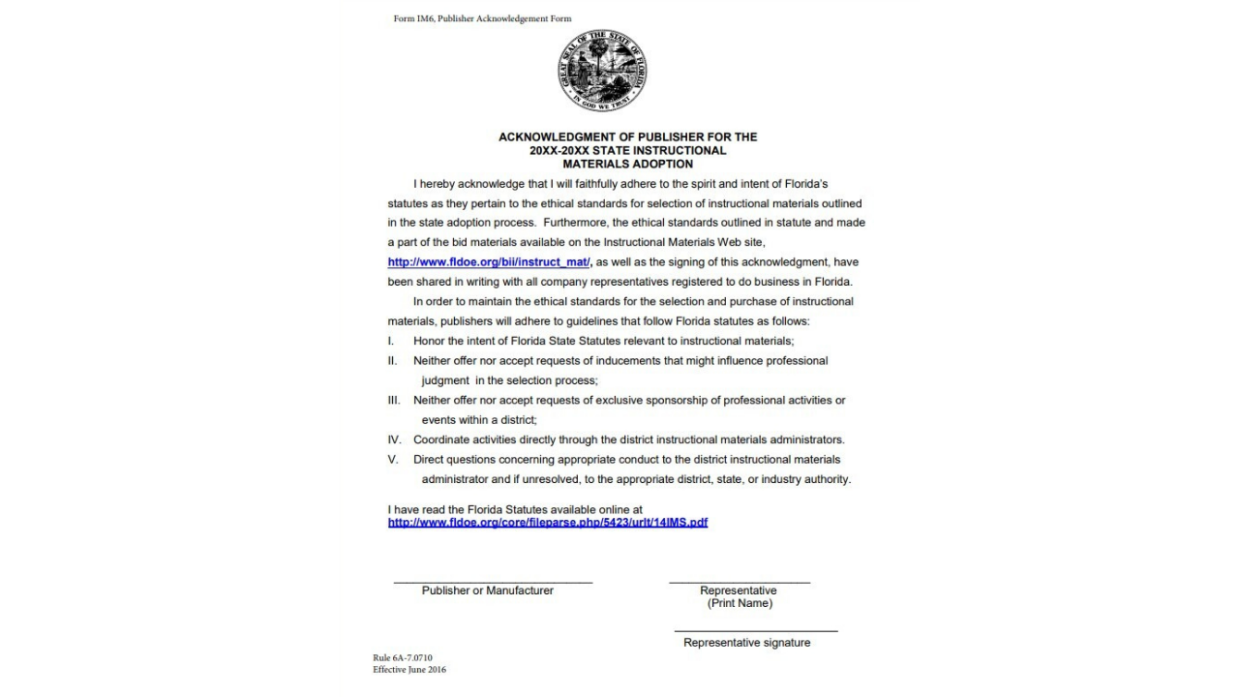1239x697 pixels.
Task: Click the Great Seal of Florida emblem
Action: [x=602, y=71]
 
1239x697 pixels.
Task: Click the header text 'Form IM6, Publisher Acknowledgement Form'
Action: [x=482, y=18]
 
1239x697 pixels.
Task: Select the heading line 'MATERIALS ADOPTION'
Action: [x=627, y=165]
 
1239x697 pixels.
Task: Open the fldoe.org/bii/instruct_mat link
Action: [x=489, y=262]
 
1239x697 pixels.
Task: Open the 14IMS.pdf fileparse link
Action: [x=547, y=523]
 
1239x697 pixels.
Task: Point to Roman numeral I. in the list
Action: [x=391, y=341]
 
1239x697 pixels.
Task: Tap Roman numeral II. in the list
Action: [x=392, y=361]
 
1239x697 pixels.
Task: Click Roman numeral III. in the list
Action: [x=394, y=400]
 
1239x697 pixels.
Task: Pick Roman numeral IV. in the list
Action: [x=394, y=439]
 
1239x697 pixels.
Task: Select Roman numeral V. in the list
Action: [x=392, y=460]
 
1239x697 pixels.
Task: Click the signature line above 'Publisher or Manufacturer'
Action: [x=493, y=583]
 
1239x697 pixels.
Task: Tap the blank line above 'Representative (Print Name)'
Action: [x=740, y=583]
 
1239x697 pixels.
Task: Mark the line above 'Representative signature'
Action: [x=756, y=632]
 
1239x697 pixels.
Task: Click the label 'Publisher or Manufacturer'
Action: [x=488, y=591]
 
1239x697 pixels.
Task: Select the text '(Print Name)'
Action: [x=740, y=603]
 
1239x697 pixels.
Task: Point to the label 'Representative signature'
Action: [x=746, y=643]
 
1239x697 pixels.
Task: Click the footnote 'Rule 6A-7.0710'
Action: [x=403, y=658]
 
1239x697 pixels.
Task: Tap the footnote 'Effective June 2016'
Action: [x=409, y=670]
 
